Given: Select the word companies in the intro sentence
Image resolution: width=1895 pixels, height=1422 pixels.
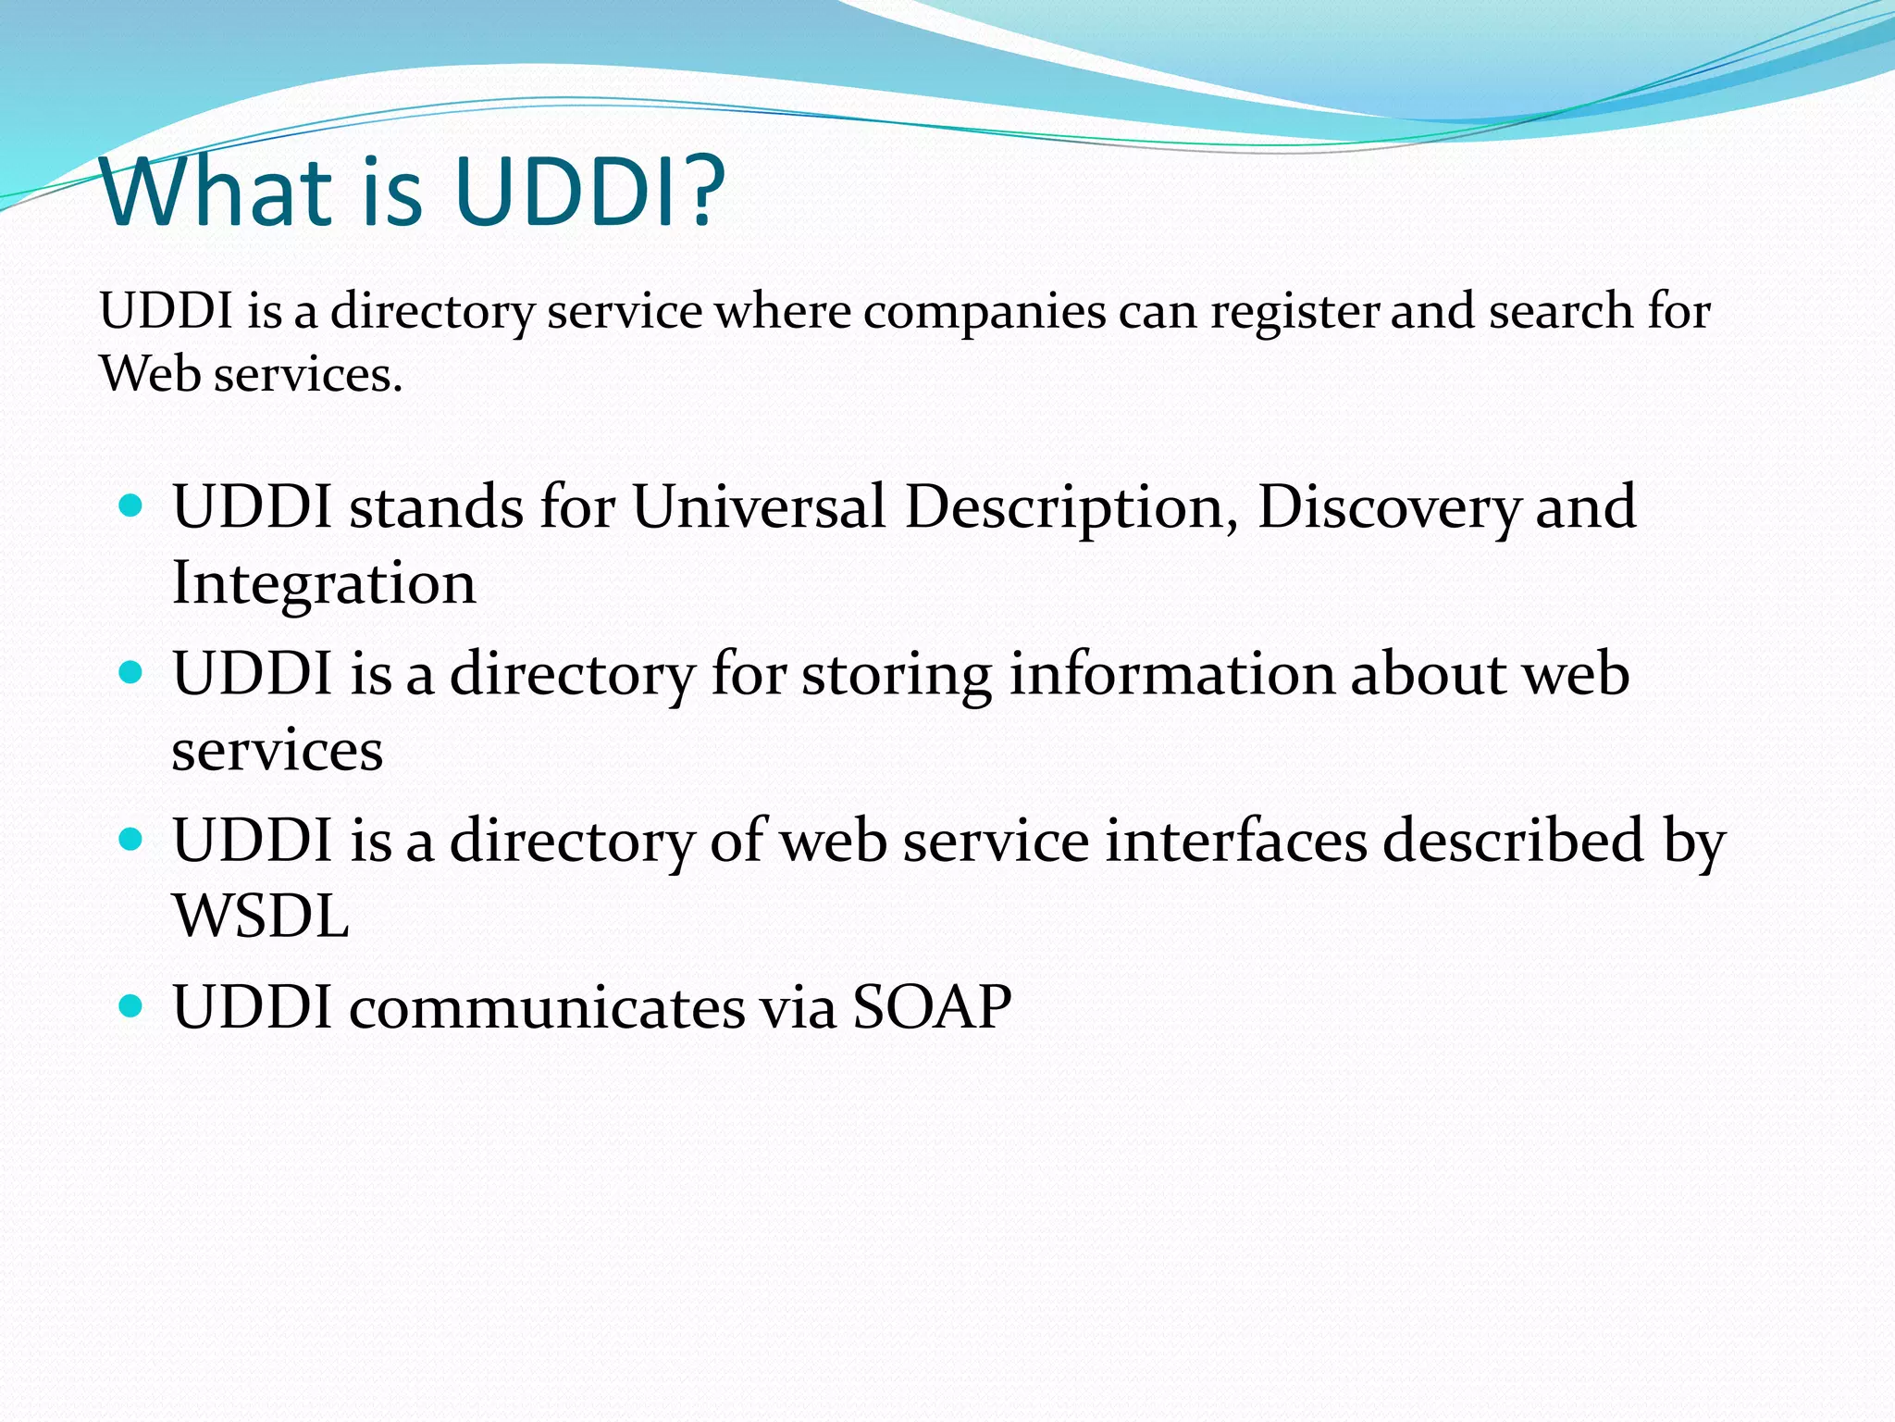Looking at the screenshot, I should tap(984, 312).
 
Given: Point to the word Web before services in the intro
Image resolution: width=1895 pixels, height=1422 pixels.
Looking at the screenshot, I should tap(150, 374).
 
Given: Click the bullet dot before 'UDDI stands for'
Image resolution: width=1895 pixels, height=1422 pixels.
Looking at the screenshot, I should tap(131, 506).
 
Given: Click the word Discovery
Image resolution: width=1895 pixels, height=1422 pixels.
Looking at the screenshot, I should tap(1387, 509).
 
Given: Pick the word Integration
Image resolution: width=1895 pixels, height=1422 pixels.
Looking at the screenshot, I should tap(324, 584).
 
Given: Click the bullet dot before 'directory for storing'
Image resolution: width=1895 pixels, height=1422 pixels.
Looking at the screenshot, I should tap(131, 672).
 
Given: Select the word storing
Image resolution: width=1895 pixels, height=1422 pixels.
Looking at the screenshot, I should tap(896, 675).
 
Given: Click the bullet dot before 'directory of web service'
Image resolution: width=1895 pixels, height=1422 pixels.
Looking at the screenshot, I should tap(131, 840).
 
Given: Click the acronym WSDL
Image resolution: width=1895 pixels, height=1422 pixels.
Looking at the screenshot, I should tap(261, 917).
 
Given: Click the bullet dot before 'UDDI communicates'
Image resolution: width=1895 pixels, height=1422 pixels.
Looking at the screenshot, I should tap(131, 1005).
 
